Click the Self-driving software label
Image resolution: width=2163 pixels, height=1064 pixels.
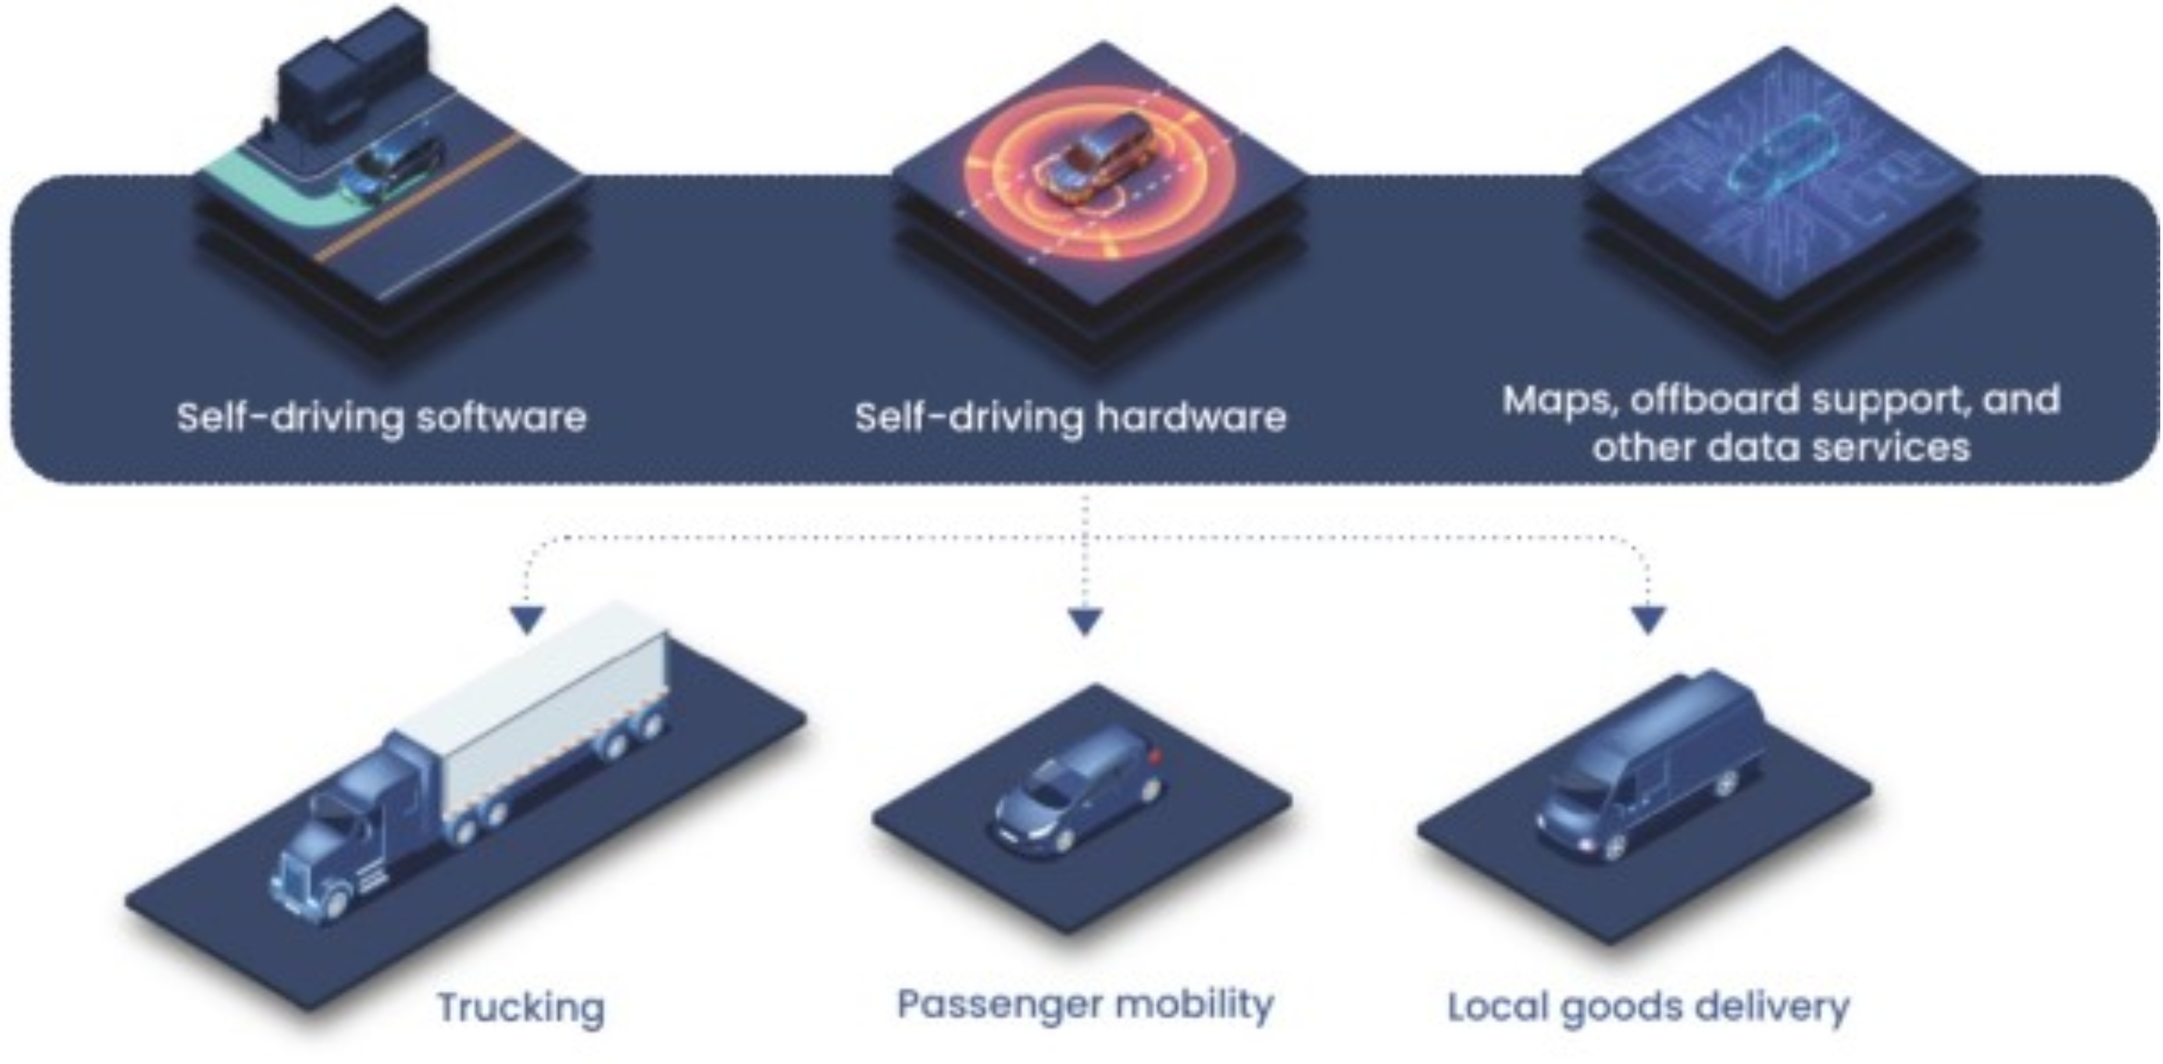click(381, 417)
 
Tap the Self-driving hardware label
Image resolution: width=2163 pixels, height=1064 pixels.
click(1070, 417)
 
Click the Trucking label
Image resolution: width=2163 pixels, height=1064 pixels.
click(521, 1007)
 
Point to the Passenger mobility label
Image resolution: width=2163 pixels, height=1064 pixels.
click(1085, 1004)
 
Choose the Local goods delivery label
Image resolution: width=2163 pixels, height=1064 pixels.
click(1648, 1006)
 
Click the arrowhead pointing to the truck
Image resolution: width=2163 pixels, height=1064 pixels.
click(529, 619)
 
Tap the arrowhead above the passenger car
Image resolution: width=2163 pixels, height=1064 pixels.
click(1085, 621)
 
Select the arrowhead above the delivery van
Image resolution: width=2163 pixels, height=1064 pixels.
click(1648, 620)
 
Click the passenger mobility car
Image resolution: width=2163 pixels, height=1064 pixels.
click(1079, 789)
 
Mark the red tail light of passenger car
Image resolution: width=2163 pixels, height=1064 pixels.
click(1156, 755)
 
